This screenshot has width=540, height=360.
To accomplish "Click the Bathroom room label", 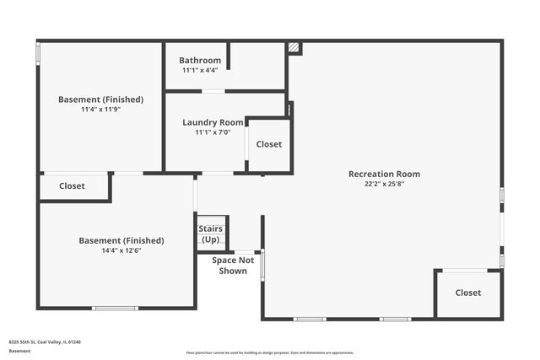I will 200,61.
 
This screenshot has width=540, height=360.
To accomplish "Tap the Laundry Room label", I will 213,122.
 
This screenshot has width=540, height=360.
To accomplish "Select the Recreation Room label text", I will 384,175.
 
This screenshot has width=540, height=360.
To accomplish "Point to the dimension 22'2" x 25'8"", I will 384,184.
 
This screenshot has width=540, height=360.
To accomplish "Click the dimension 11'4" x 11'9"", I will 100,110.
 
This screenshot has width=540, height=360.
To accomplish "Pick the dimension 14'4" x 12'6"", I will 121,250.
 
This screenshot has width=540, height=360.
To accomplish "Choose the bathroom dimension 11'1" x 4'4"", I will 200,70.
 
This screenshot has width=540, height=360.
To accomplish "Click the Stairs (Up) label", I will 210,234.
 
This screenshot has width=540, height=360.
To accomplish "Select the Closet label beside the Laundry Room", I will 269,144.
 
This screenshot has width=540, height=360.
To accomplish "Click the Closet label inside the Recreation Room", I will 468,293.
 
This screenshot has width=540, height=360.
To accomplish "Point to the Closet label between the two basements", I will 72,186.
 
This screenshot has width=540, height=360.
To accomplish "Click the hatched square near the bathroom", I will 294,48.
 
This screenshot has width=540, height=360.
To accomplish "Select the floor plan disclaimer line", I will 270,352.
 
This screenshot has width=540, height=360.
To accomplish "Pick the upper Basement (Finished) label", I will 100,99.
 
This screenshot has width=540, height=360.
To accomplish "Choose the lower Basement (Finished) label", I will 121,240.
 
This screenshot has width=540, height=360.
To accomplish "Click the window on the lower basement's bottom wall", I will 115,309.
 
